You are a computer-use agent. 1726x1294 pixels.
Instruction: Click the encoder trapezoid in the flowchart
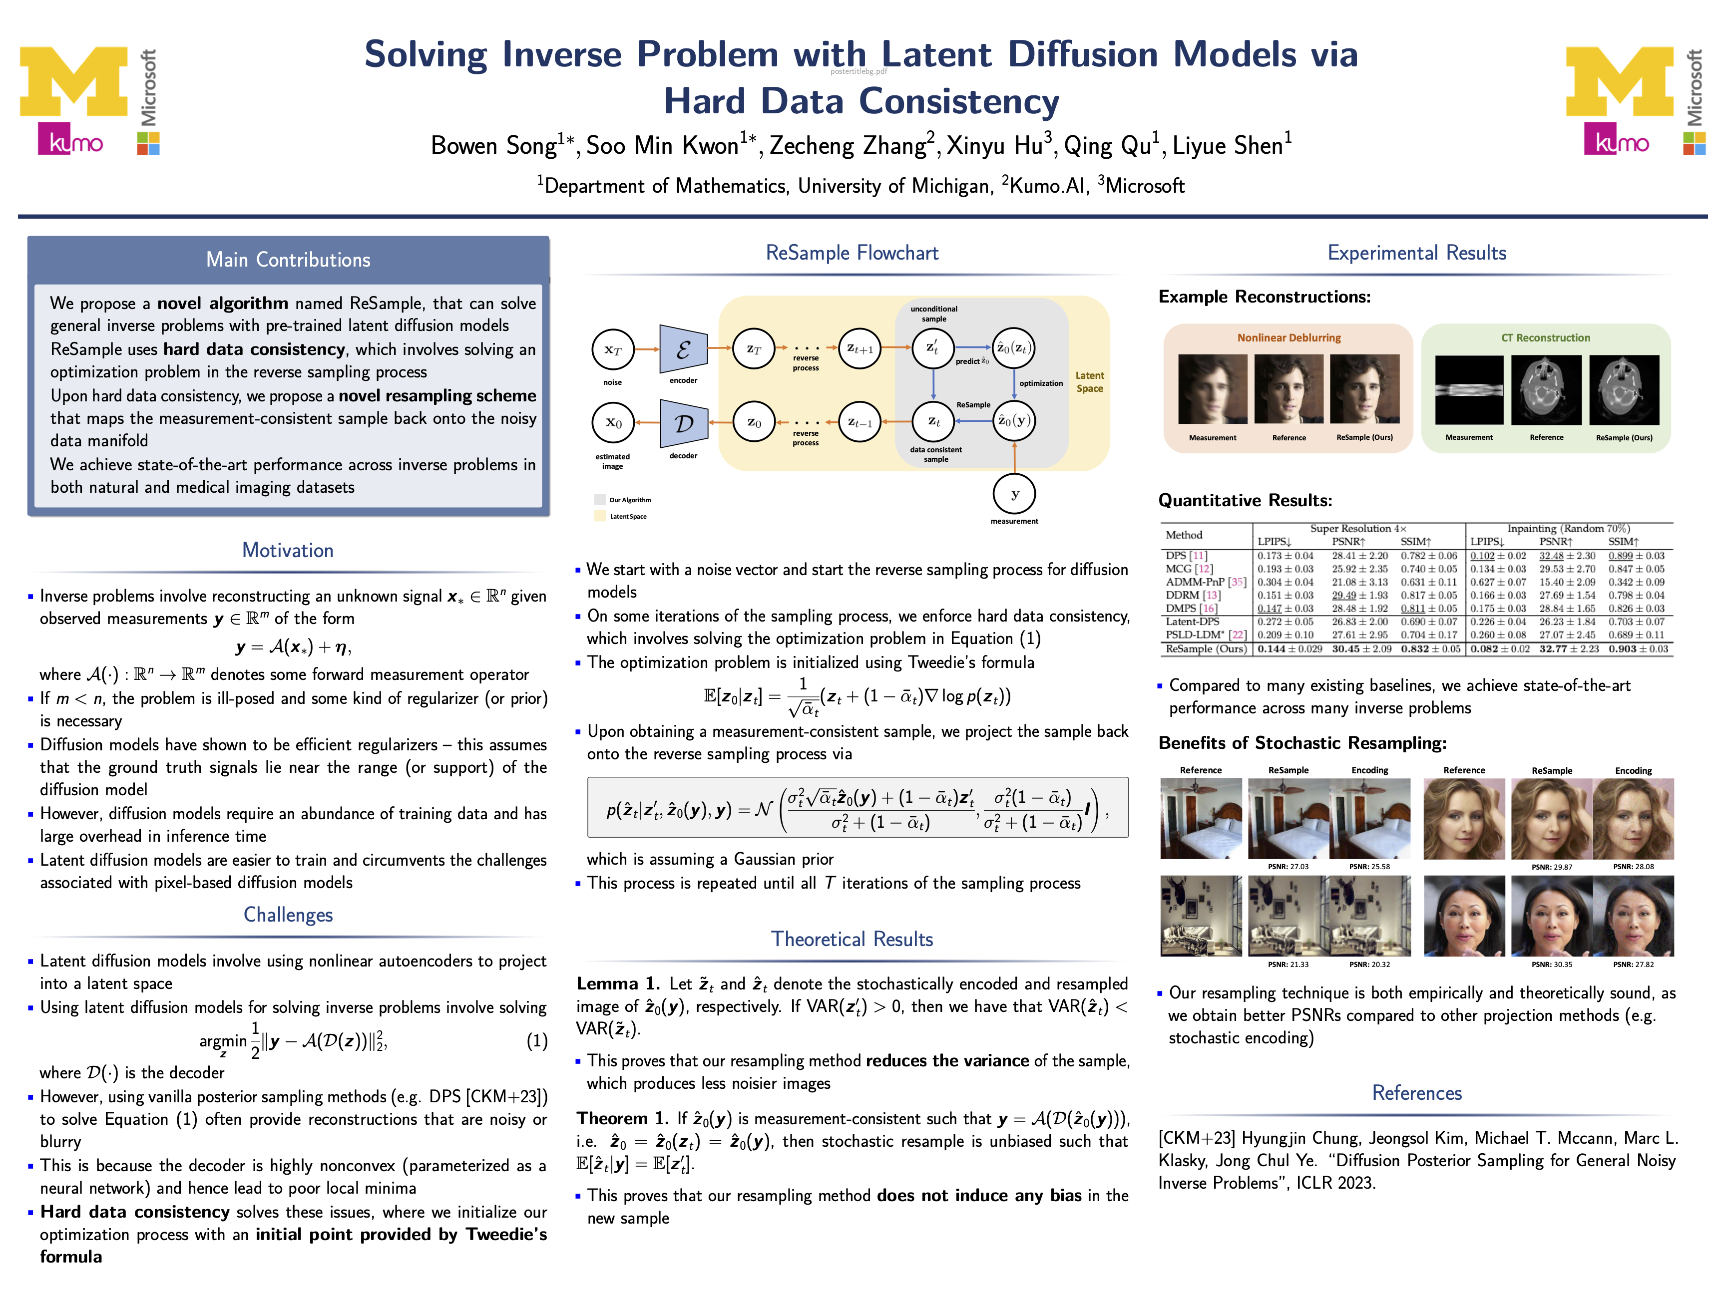point(684,348)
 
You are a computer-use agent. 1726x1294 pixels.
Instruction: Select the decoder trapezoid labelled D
point(684,423)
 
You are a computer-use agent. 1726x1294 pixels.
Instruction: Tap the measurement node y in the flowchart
point(1014,494)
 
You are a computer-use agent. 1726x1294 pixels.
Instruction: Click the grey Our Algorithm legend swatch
point(599,499)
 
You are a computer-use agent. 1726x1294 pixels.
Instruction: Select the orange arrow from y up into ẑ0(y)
point(1014,457)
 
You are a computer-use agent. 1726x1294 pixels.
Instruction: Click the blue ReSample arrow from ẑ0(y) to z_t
point(974,421)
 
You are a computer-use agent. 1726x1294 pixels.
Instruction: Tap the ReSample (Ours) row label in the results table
point(1206,649)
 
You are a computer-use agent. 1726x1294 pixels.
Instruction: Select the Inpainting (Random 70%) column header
point(1568,528)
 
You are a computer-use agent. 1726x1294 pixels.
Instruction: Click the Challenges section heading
point(288,915)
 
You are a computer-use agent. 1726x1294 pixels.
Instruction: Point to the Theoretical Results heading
point(852,939)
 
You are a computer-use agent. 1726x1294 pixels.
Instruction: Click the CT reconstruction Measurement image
point(1469,390)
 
